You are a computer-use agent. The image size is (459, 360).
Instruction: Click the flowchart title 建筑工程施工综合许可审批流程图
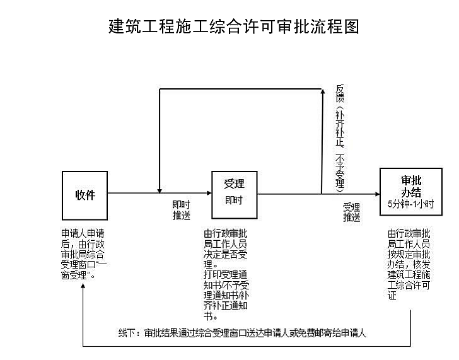(x=233, y=26)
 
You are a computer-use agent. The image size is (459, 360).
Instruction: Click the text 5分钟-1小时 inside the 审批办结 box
(x=410, y=204)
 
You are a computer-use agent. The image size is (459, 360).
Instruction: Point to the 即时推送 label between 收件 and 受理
(x=181, y=210)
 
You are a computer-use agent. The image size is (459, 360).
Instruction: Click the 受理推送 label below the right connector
(x=352, y=212)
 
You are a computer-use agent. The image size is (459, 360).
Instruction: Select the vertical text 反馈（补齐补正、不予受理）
(x=340, y=138)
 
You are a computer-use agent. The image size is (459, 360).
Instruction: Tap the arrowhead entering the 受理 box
(x=209, y=193)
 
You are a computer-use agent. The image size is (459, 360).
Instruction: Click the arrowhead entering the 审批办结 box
(x=377, y=194)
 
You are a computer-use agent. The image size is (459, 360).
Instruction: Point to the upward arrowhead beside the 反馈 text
(x=323, y=91)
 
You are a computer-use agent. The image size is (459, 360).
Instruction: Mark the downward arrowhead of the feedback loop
(x=160, y=191)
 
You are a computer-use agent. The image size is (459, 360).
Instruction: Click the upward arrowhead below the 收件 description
(x=83, y=286)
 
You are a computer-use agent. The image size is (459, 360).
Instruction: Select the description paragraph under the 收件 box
(x=84, y=254)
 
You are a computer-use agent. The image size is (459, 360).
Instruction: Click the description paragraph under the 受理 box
(x=226, y=274)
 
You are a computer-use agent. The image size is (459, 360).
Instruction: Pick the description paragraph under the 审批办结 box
(x=409, y=264)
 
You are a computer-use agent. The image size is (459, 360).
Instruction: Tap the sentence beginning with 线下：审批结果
(x=242, y=333)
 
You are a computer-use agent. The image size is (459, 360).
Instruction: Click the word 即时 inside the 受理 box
(x=234, y=200)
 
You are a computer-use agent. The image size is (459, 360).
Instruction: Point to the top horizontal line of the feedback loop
(x=241, y=89)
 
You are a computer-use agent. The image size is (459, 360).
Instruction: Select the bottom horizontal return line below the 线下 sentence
(x=247, y=347)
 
